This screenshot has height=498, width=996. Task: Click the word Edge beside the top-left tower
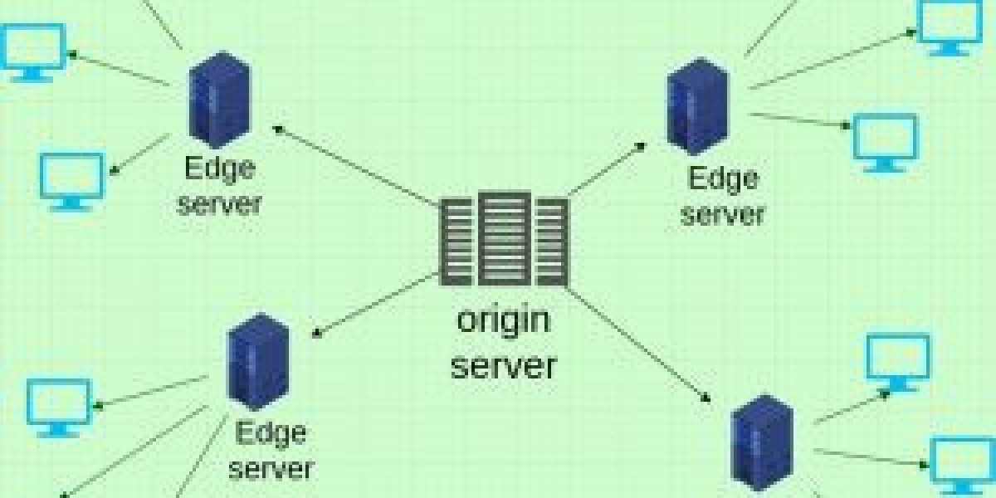click(219, 168)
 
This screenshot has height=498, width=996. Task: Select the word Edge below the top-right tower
click(723, 178)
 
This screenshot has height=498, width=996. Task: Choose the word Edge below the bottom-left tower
click(271, 432)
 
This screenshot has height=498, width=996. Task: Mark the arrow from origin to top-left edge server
click(357, 166)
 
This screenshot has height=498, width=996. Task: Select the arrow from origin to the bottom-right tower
click(640, 345)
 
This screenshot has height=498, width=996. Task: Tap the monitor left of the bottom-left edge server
click(59, 406)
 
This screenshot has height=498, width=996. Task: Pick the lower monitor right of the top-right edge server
click(886, 141)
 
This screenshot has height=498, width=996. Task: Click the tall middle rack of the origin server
click(504, 239)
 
